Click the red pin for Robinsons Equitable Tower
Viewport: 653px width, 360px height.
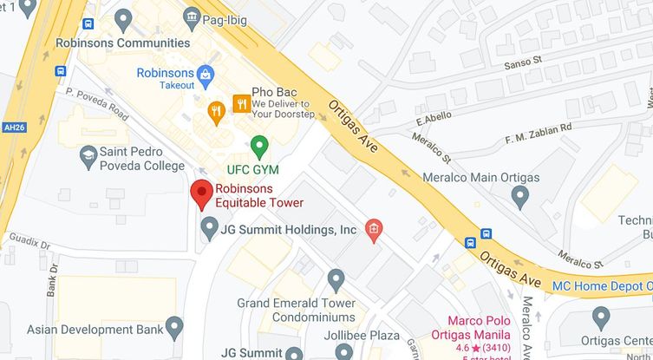click(201, 193)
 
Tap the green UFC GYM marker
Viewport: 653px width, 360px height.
click(258, 146)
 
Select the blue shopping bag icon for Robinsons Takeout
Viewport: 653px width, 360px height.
click(206, 75)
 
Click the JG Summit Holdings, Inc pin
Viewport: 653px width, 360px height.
click(209, 229)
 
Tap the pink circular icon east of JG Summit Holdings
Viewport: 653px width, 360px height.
click(374, 228)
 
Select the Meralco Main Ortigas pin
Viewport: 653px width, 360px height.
click(520, 197)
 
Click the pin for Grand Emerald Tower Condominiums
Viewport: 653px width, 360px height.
click(336, 280)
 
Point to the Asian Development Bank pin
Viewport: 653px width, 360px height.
click(174, 328)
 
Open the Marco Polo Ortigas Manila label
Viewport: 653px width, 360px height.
click(493, 330)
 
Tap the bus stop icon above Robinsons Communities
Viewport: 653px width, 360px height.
click(88, 25)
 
